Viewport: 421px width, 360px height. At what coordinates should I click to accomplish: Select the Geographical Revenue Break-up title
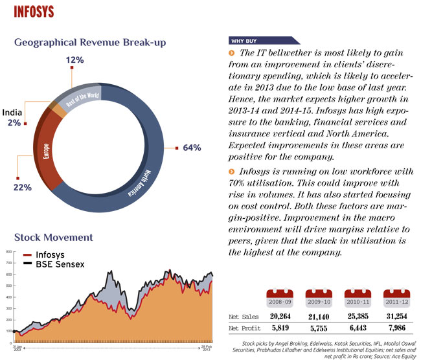point(91,43)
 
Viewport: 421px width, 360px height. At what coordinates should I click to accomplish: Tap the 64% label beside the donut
point(193,148)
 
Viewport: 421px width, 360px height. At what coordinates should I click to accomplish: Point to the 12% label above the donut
point(75,61)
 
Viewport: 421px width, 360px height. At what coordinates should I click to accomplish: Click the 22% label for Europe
point(22,188)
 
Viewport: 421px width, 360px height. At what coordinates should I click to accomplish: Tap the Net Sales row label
point(244,317)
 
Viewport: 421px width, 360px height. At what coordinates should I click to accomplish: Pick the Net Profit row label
point(245,328)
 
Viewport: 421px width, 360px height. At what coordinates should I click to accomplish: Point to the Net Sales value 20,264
point(283,317)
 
